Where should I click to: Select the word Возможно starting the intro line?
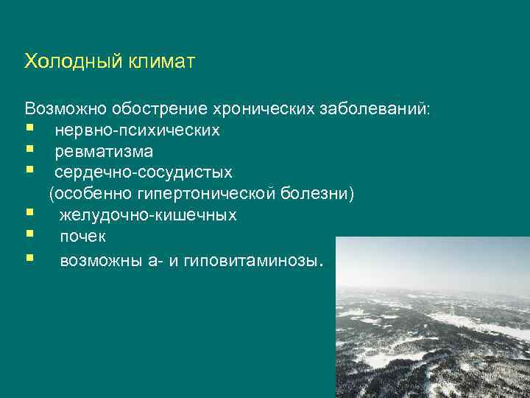[x=65, y=109]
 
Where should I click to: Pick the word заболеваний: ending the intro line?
[x=379, y=109]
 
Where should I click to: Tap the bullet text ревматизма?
[x=104, y=152]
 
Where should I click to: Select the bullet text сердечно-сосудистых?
[x=143, y=173]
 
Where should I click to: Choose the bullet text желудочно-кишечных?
[x=148, y=216]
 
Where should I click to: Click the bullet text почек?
[x=82, y=237]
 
